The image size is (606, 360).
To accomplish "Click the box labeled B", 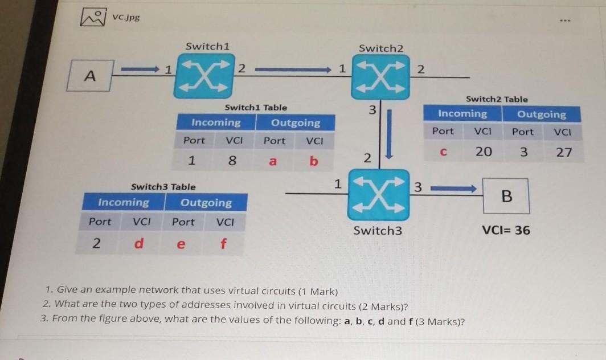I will [506, 197].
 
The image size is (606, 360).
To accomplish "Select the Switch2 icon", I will [380, 78].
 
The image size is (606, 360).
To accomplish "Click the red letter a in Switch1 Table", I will [273, 161].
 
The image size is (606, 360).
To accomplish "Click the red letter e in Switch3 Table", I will [182, 244].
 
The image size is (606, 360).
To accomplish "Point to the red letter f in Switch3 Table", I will [223, 244].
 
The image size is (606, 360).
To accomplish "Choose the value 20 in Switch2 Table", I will [484, 152].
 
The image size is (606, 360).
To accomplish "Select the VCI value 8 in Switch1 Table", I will [232, 161].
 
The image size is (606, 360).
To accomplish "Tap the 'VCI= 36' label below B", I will [506, 230].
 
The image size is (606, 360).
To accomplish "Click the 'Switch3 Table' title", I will [163, 186].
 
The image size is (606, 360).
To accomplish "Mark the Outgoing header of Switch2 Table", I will [541, 114].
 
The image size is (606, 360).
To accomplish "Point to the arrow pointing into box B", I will [453, 189].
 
